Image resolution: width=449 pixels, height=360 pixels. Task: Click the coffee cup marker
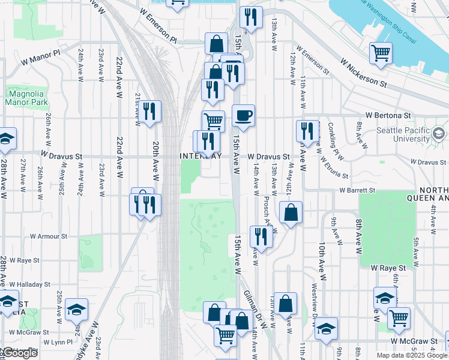pyautogui.click(x=243, y=115)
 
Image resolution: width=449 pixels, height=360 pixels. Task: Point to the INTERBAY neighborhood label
pyautogui.click(x=200, y=156)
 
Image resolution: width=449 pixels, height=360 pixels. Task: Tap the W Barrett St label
pyautogui.click(x=357, y=190)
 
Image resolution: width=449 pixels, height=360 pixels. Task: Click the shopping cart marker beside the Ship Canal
pyautogui.click(x=381, y=54)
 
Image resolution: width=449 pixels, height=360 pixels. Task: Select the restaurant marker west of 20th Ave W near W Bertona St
pyautogui.click(x=150, y=112)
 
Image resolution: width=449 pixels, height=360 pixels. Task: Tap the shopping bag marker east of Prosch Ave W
pyautogui.click(x=291, y=212)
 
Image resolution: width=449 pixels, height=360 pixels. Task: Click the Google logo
pyautogui.click(x=20, y=353)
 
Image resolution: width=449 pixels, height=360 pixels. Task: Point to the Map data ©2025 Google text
pyautogui.click(x=412, y=355)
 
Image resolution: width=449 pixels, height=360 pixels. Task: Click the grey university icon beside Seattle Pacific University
pyautogui.click(x=439, y=133)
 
